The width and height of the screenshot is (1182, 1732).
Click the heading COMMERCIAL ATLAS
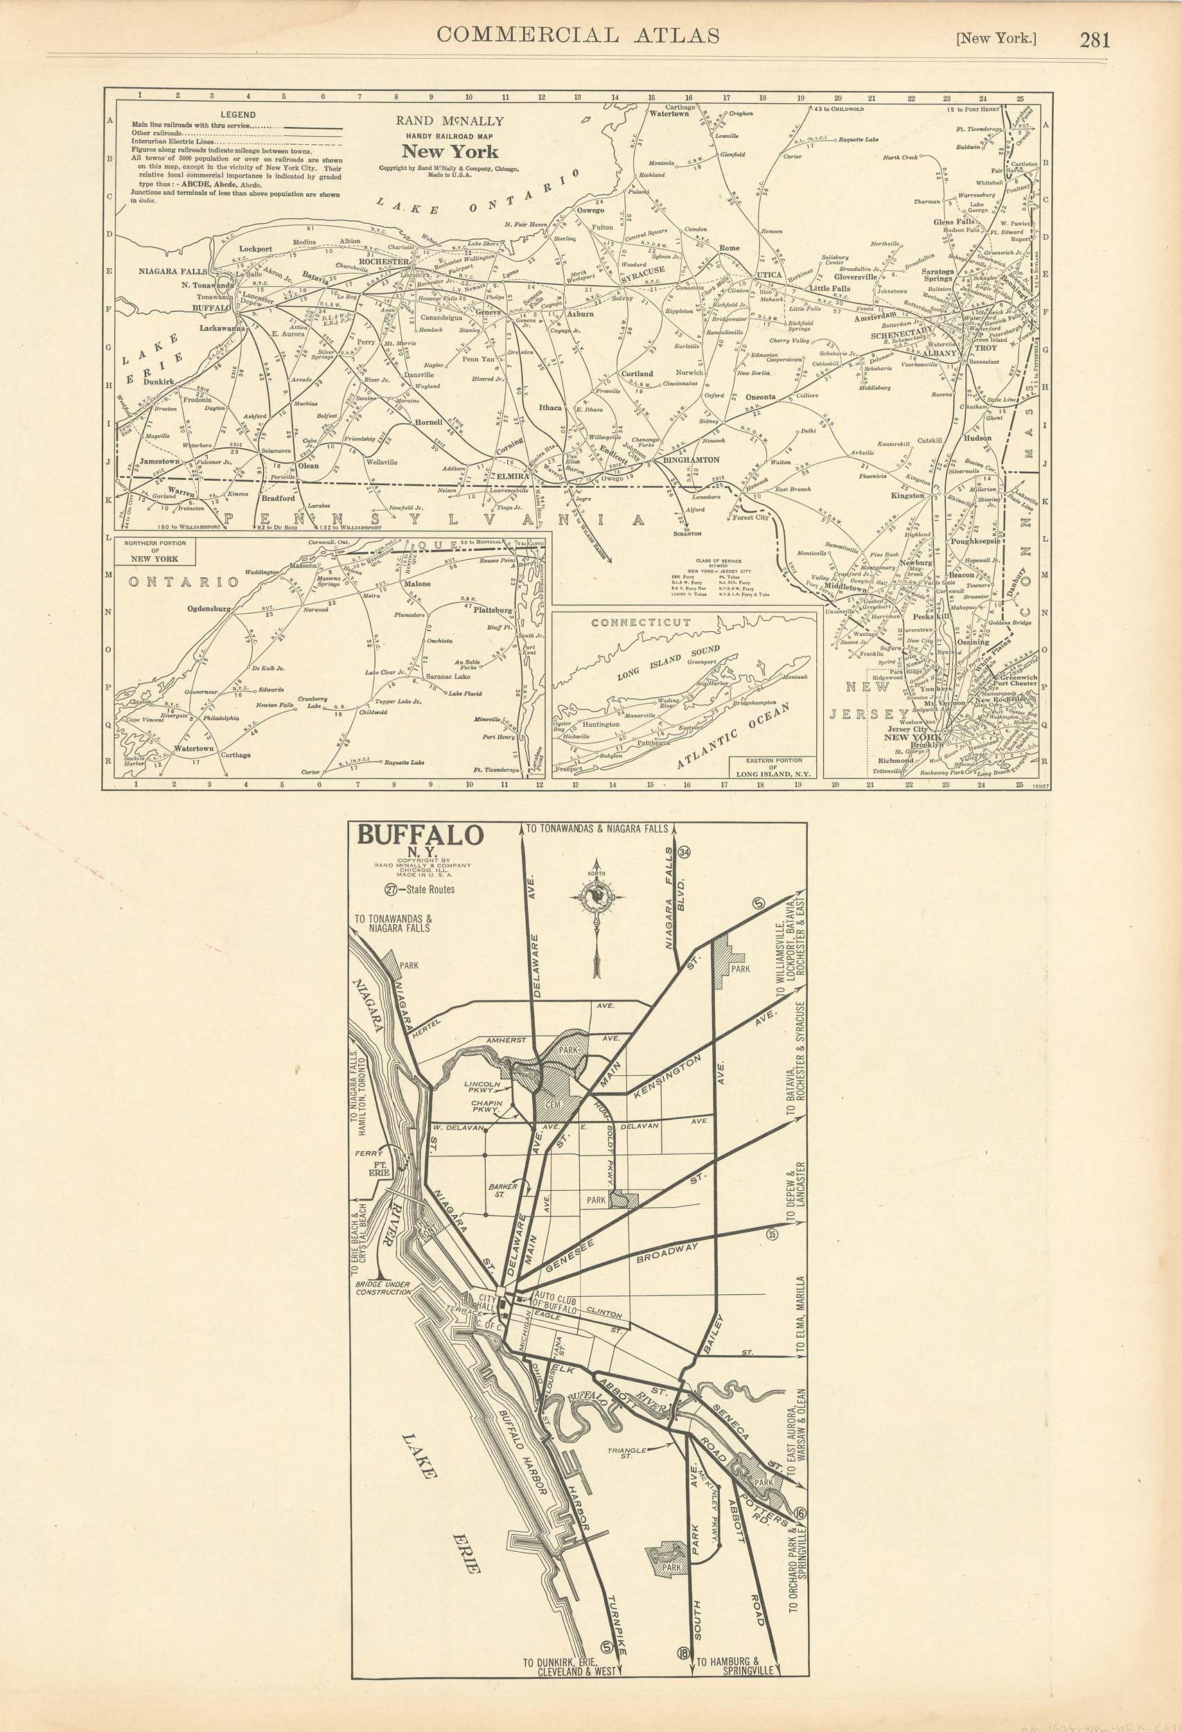pyautogui.click(x=578, y=35)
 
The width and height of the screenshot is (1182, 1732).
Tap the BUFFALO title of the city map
pyautogui.click(x=421, y=835)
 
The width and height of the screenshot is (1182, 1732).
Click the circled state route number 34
pyautogui.click(x=685, y=853)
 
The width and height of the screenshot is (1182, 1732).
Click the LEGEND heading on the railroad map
pyautogui.click(x=238, y=115)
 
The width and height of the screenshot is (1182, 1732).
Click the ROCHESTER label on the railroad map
pyautogui.click(x=383, y=262)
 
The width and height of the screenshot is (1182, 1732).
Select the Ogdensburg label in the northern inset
pyautogui.click(x=209, y=608)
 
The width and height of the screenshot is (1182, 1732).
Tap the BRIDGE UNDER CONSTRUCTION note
pyautogui.click(x=383, y=1288)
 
